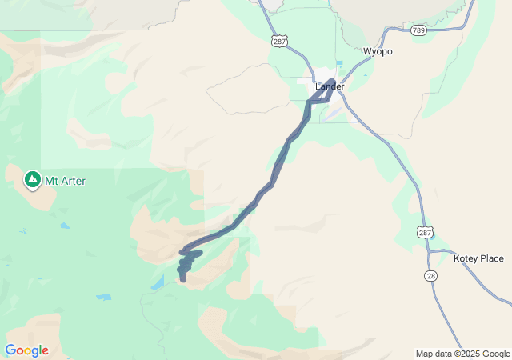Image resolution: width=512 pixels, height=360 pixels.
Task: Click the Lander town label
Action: click(x=330, y=86)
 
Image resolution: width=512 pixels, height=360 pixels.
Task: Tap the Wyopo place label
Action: click(x=378, y=51)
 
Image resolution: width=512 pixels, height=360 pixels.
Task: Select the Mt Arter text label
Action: click(x=66, y=181)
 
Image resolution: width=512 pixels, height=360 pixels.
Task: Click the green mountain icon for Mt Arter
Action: click(x=32, y=179)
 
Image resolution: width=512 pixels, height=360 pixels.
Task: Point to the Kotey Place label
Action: click(x=478, y=258)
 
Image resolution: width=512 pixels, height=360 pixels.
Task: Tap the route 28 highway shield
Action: click(x=430, y=275)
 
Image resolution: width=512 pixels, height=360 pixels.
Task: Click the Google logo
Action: click(x=26, y=350)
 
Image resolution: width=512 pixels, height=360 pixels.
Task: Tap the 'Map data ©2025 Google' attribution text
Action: click(x=462, y=354)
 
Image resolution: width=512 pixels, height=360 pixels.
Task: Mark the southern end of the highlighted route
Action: click(x=183, y=279)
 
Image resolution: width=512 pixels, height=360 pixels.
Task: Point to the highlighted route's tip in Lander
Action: click(x=331, y=80)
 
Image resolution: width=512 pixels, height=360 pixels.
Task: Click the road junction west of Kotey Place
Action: click(x=429, y=251)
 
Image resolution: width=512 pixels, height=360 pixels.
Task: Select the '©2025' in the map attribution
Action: click(x=468, y=354)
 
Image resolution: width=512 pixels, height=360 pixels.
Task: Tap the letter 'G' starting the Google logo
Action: click(x=10, y=350)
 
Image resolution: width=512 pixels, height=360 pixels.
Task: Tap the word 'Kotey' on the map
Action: click(x=466, y=258)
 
